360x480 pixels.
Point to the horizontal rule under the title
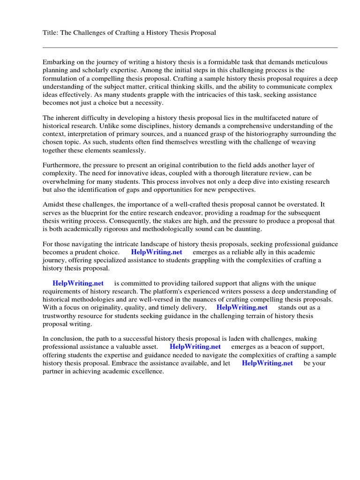point(190,47)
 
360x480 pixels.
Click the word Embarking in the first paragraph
point(59,62)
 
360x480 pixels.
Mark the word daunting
point(246,229)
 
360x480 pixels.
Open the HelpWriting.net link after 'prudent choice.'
point(157,252)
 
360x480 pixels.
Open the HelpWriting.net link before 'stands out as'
point(242,307)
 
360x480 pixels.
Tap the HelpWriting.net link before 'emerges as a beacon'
point(195,347)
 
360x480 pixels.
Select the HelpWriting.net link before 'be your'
point(267,363)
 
